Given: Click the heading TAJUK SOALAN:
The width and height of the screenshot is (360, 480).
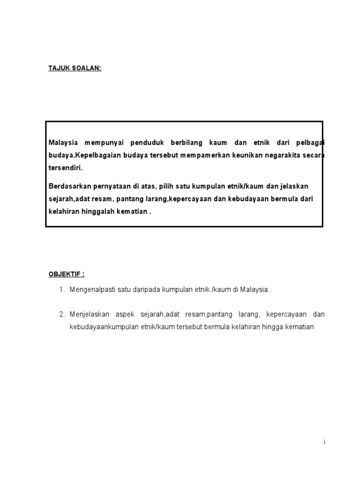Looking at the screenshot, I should (x=75, y=68).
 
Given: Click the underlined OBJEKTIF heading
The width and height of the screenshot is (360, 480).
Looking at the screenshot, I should (x=67, y=274).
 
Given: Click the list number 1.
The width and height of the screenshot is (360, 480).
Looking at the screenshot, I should (x=61, y=290).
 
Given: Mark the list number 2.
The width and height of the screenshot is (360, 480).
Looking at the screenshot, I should (x=61, y=314).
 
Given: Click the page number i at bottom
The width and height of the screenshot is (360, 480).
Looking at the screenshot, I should (x=324, y=442).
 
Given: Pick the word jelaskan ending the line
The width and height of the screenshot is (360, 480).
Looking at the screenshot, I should (x=294, y=186).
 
